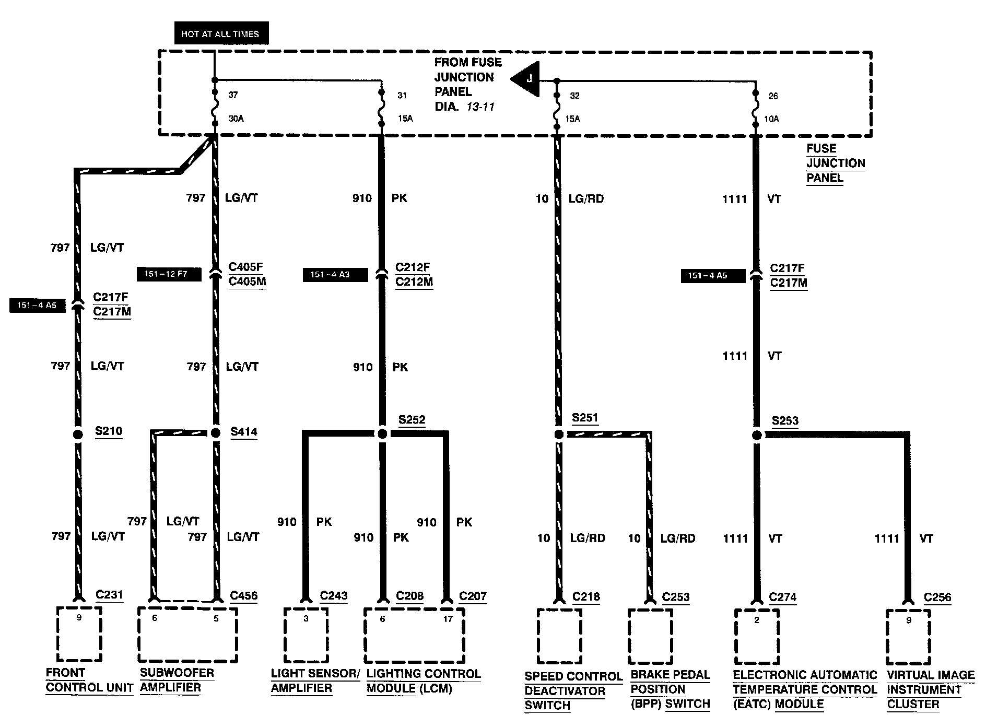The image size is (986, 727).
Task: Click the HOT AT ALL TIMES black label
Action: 220,34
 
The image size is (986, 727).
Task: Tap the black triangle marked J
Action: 526,79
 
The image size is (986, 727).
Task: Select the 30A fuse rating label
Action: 236,119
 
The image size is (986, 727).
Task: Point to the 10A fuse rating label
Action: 771,119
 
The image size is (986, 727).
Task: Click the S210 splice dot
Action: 78,434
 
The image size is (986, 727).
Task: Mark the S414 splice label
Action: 244,432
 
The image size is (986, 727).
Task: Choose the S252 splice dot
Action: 382,434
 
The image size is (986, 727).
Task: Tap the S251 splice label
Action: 585,418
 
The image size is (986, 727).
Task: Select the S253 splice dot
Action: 757,435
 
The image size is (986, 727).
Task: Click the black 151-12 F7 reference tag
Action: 169,274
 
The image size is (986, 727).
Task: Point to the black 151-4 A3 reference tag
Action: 335,274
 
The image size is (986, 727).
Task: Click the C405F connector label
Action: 245,267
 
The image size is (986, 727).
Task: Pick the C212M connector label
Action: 414,282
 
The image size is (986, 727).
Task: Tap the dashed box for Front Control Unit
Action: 79,634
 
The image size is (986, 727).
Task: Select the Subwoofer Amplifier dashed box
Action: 187,635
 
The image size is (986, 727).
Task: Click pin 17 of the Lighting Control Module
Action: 448,619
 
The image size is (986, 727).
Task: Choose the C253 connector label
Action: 676,597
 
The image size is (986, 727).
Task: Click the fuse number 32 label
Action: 574,96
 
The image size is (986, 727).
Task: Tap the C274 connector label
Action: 783,597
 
